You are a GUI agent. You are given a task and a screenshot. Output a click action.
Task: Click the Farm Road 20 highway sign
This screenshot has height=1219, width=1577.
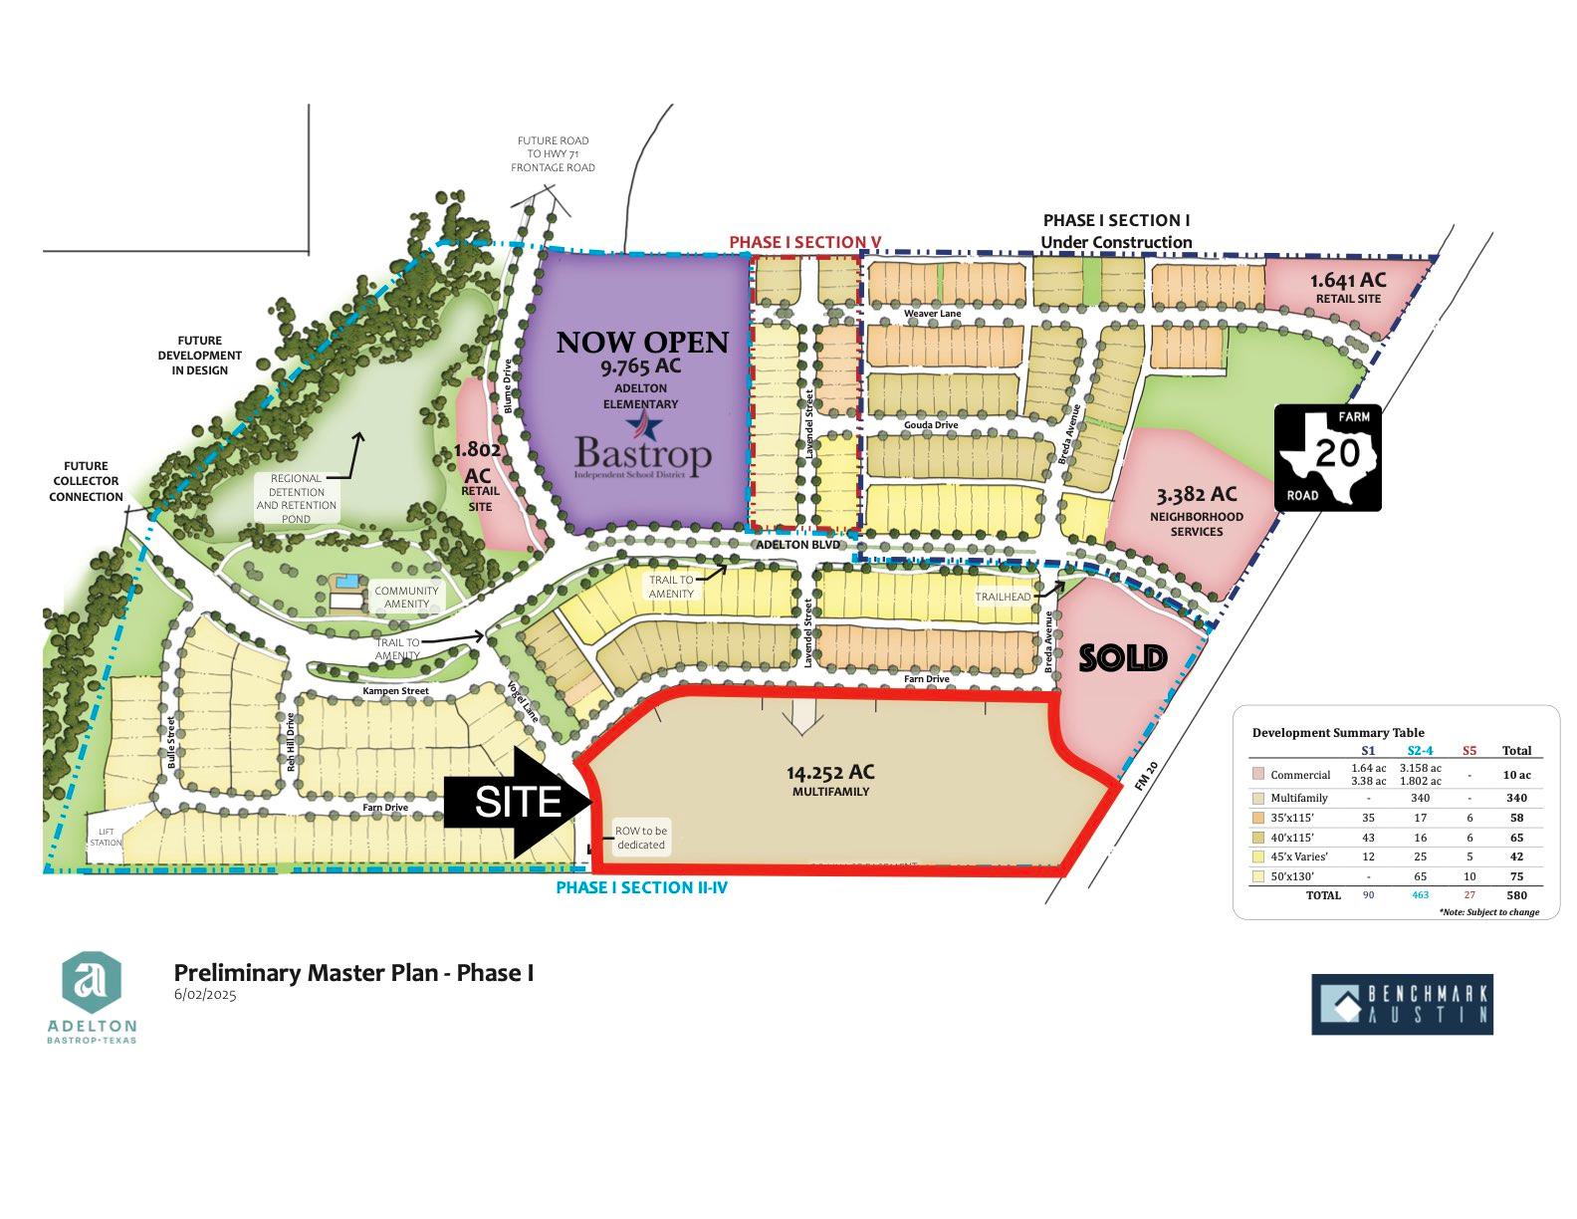coord(1328,457)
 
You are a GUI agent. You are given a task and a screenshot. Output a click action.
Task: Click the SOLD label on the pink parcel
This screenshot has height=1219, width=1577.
coord(1123,658)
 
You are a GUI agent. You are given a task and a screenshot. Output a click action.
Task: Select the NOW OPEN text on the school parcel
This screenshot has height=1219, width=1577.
coord(642,343)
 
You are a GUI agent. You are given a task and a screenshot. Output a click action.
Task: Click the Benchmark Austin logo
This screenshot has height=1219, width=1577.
coord(1402,1004)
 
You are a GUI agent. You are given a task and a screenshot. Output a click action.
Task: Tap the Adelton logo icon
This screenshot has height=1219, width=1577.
coord(92,981)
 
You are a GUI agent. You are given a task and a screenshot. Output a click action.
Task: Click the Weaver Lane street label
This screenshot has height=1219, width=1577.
coord(932,314)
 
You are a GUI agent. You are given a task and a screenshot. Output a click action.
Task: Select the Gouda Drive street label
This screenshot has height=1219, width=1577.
coord(931,425)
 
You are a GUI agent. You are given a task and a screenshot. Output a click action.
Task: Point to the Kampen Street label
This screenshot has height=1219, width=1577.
coord(395,690)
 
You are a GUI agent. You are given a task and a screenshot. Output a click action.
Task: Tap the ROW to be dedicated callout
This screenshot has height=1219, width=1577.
coord(641,838)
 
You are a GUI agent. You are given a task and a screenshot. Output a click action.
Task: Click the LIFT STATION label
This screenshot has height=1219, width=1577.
coord(107,837)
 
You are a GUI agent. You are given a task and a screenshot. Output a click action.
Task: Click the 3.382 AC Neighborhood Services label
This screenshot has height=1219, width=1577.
coord(1197,509)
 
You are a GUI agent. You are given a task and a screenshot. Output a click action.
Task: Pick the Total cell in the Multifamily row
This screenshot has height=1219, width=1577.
coord(1516,798)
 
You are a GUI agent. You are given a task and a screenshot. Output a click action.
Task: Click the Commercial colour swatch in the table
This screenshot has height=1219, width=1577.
coord(1258,775)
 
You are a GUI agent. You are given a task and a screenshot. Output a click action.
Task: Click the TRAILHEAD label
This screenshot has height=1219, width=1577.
coord(1003,597)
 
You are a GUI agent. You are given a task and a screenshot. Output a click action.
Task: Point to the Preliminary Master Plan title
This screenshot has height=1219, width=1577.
coord(353,972)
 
